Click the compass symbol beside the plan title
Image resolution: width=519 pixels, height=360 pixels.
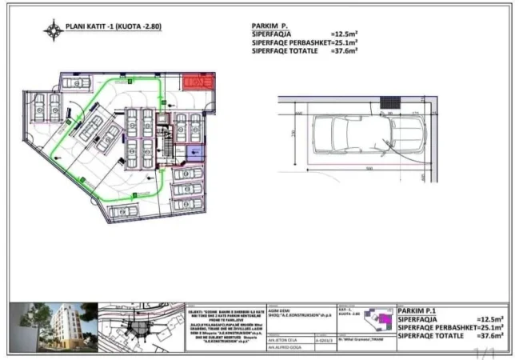click(54, 30)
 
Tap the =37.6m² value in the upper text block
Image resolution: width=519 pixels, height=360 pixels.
click(344, 50)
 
